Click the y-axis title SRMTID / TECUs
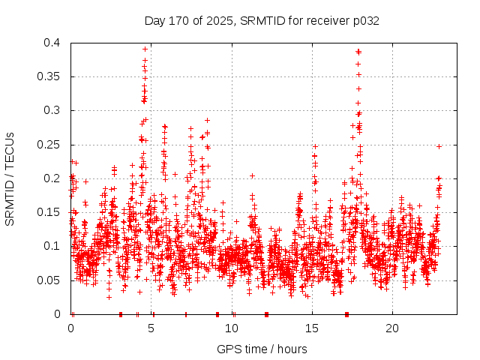[x=10, y=178]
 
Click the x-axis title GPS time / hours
[x=262, y=349]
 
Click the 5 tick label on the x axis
[x=151, y=328]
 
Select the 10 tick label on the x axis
[x=232, y=328]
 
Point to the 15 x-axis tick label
[x=312, y=328]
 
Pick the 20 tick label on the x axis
[x=392, y=328]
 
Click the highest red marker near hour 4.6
[x=145, y=49]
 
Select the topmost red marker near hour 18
[x=358, y=51]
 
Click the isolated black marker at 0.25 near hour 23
[x=439, y=146]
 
